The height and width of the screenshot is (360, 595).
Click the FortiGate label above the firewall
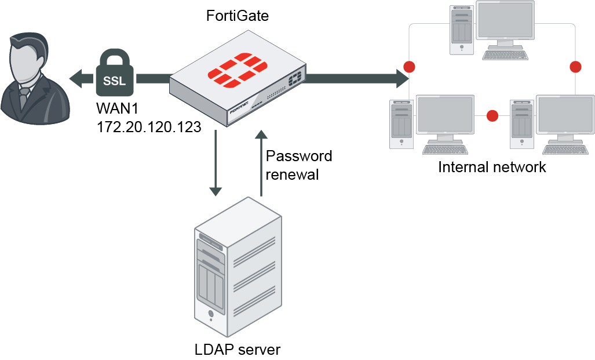pos(238,16)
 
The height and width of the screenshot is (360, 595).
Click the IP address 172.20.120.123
pos(148,126)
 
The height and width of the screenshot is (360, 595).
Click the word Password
pos(299,156)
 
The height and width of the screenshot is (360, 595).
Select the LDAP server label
pos(238,350)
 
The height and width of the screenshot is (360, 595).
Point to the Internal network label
pos(492,168)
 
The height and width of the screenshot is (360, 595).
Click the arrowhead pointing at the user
pos(76,77)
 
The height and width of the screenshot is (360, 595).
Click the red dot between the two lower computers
pos(492,116)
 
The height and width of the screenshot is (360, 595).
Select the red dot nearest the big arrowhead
pos(410,67)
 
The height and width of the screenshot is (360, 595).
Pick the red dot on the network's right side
pos(575,67)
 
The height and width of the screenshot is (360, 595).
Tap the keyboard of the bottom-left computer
pos(445,149)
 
